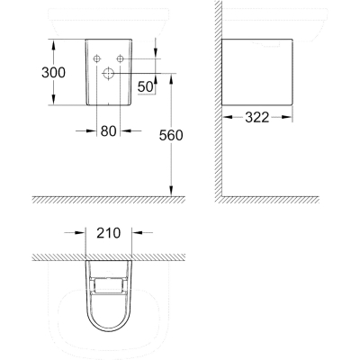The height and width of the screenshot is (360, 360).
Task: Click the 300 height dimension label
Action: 53,73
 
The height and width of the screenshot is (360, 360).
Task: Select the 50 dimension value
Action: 145,87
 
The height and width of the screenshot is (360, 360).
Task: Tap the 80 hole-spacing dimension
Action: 108,130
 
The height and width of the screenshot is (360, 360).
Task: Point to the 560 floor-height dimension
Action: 171,135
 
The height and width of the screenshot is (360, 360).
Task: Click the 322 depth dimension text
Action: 257,117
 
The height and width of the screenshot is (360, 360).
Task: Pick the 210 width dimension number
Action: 108,233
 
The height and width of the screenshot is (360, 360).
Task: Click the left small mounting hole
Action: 96,58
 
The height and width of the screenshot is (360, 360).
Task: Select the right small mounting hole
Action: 120,58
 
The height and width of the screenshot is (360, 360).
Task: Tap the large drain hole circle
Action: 108,73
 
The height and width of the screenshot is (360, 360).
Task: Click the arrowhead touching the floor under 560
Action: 171,191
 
